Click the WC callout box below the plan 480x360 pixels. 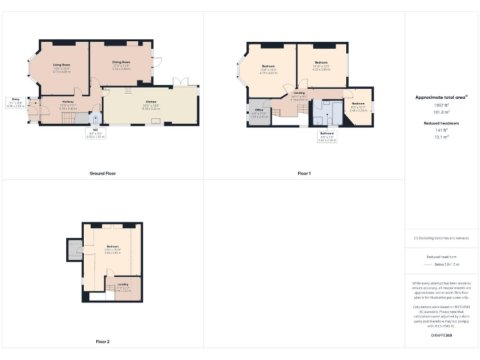95,134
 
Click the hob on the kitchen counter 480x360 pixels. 128,91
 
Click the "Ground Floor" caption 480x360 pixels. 102,173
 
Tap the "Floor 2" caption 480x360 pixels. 102,342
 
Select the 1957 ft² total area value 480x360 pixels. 442,105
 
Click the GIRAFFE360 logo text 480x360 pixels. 442,336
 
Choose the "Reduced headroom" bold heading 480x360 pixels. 442,124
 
